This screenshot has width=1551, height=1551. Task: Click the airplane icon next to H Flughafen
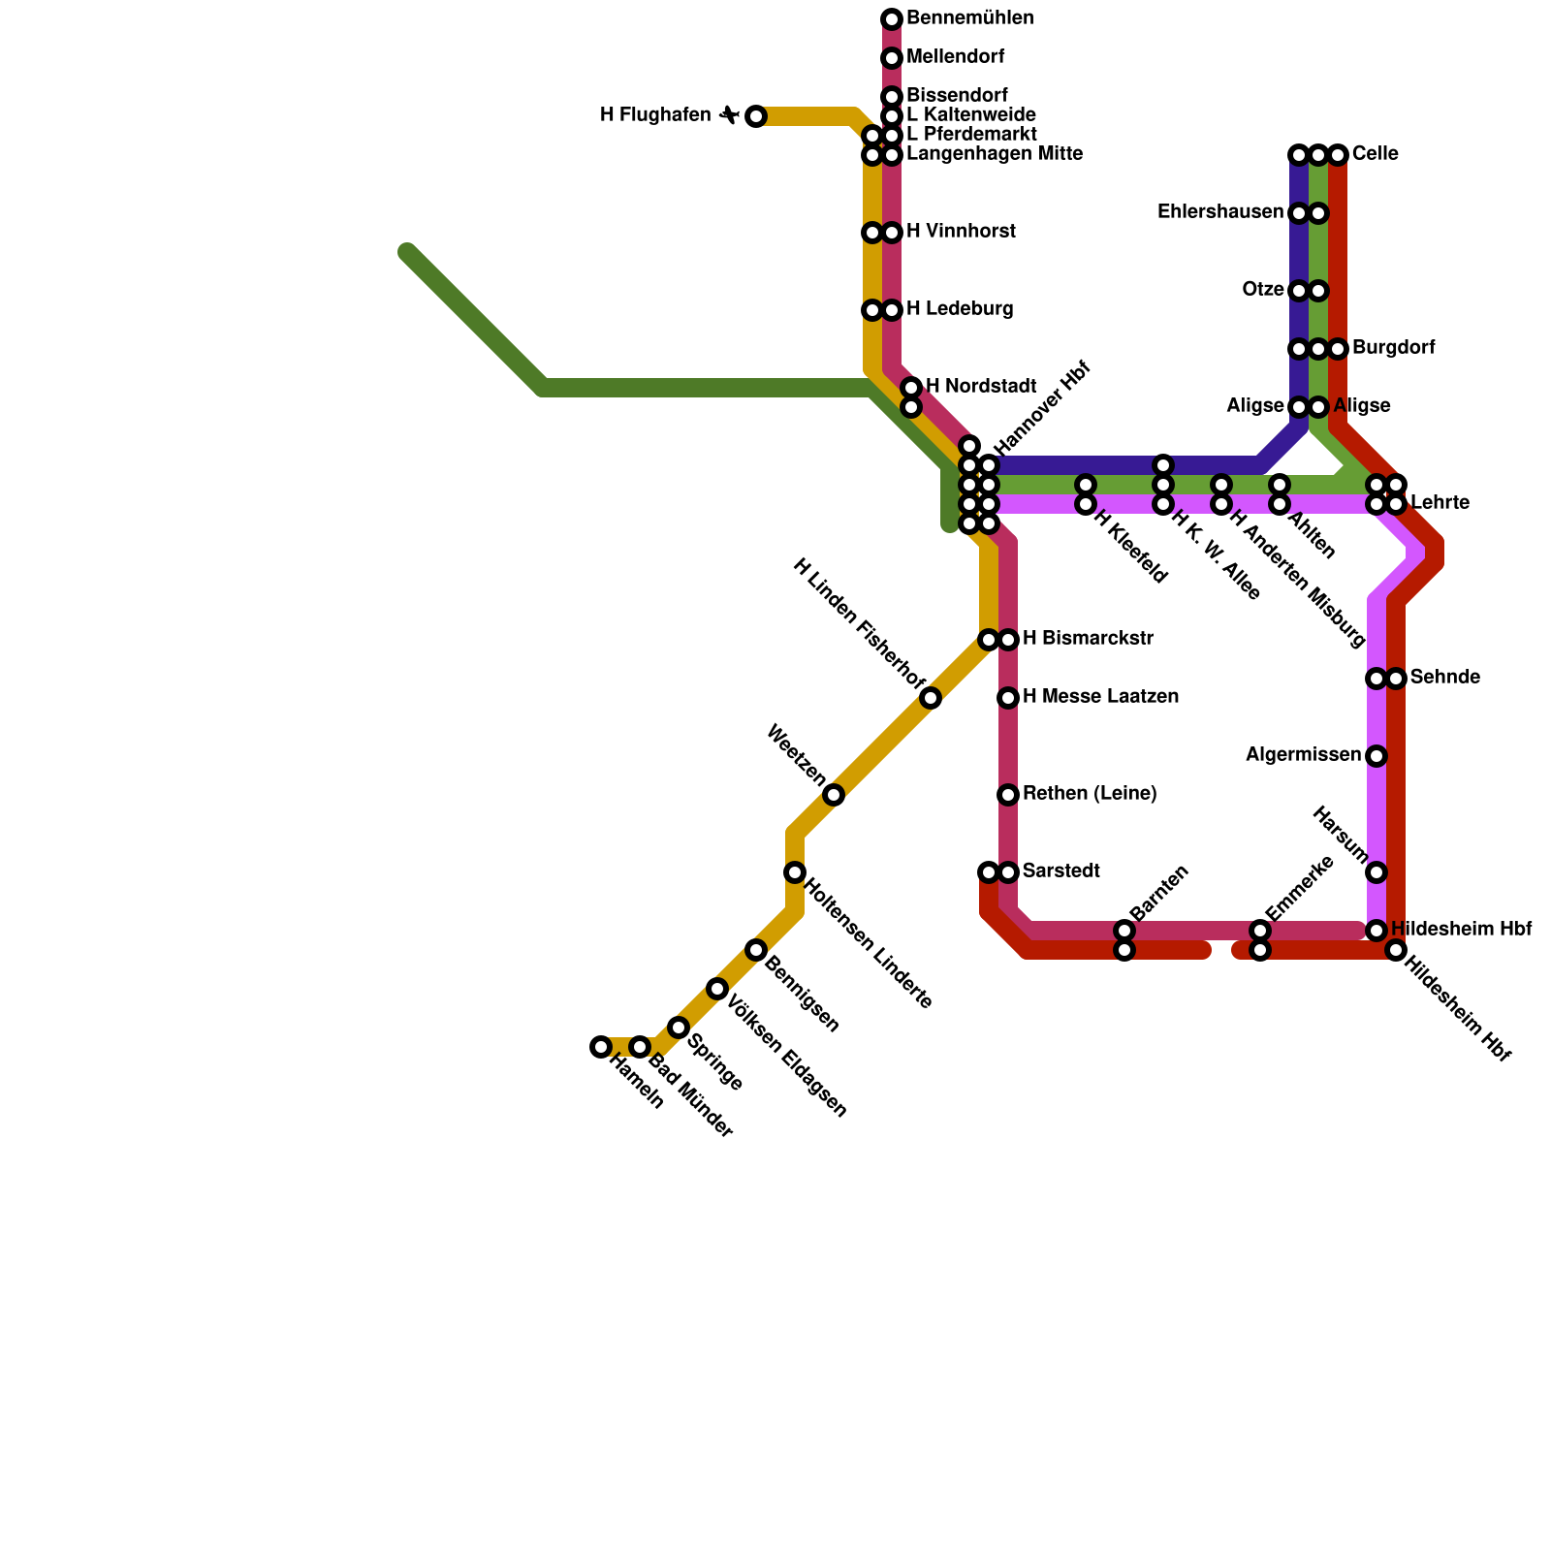(x=729, y=115)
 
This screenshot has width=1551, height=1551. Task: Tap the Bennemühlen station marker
(x=892, y=19)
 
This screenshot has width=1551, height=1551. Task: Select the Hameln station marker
(x=601, y=1047)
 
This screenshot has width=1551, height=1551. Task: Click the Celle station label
(x=1375, y=154)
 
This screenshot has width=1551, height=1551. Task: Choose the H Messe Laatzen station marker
(x=1008, y=698)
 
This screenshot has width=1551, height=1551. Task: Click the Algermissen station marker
(x=1377, y=756)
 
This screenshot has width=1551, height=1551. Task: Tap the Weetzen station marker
(x=834, y=795)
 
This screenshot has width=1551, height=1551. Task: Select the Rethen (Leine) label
(x=1090, y=794)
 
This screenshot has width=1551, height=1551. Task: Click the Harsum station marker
(x=1377, y=872)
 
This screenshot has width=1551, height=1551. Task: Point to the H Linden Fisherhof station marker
(x=931, y=698)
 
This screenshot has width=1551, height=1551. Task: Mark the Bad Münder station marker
(x=640, y=1047)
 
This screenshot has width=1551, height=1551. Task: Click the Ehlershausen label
(x=1220, y=212)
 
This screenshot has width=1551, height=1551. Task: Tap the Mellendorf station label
(x=955, y=57)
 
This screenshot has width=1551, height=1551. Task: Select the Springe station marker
(x=679, y=1028)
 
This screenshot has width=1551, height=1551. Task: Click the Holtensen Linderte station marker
(x=795, y=872)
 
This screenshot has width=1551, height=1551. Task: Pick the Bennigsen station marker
(x=756, y=950)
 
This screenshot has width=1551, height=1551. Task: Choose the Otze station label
(x=1263, y=290)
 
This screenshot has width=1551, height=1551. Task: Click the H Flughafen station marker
(x=756, y=116)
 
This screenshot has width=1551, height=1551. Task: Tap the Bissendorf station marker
(x=892, y=97)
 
